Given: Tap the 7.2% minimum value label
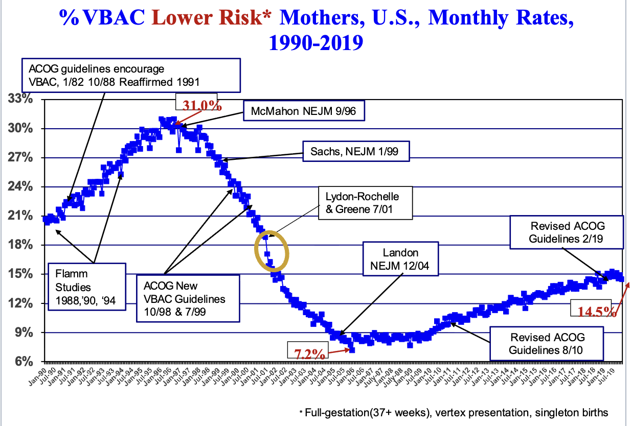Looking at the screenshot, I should (309, 353).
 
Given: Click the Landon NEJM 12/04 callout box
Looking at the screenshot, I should (401, 259).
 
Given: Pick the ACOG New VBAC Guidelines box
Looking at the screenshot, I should (188, 298).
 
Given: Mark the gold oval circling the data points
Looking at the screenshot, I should (272, 250).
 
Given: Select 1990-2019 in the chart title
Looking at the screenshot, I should (315, 41).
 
